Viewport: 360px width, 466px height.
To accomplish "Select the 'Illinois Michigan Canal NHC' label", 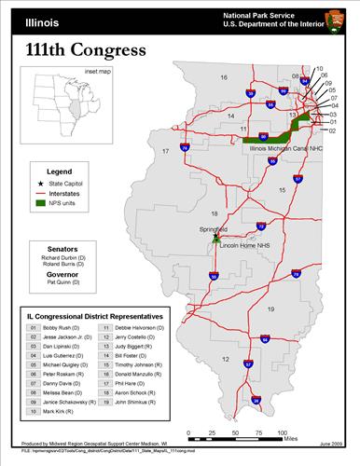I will (x=287, y=147).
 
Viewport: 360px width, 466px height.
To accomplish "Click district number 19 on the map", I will (x=271, y=308).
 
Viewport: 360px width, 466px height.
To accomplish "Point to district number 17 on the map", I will (x=165, y=149).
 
